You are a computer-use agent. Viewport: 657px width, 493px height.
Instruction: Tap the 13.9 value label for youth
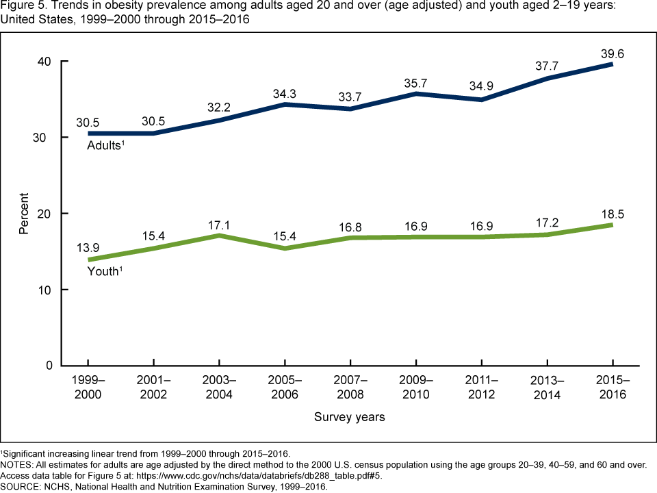(x=89, y=245)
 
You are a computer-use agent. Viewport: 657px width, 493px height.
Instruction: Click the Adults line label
(x=105, y=146)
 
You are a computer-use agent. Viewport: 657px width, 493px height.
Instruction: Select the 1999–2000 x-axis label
(x=88, y=388)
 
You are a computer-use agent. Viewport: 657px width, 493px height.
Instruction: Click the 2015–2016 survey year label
(x=612, y=388)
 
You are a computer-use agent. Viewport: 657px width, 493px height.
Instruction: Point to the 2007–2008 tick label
(x=350, y=388)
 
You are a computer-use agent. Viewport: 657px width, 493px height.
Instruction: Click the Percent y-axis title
(x=23, y=214)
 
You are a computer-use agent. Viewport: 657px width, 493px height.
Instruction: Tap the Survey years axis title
(x=350, y=416)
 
